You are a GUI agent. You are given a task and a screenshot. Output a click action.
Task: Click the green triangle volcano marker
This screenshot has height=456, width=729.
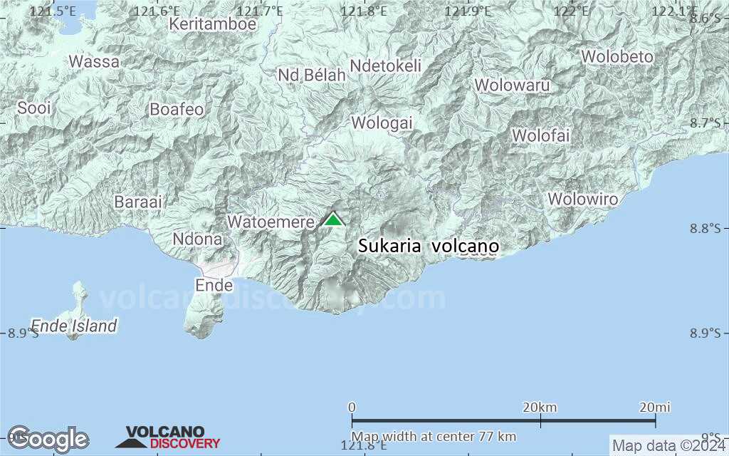tap(333, 219)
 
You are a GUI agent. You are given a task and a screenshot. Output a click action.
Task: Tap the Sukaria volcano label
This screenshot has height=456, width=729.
tap(428, 247)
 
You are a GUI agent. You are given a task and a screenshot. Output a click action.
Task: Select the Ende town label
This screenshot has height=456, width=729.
tap(214, 285)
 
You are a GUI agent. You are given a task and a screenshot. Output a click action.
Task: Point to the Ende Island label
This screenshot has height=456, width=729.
tap(74, 326)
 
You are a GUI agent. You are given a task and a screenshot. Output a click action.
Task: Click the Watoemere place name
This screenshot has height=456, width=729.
tap(271, 222)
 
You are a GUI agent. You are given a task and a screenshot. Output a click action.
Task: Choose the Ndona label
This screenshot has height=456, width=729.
tap(197, 239)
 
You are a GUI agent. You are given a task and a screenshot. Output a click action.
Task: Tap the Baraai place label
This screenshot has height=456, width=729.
tap(138, 202)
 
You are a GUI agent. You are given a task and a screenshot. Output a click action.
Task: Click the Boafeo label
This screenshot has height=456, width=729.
tap(177, 109)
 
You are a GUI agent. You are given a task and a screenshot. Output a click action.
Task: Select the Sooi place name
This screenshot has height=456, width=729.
tap(35, 108)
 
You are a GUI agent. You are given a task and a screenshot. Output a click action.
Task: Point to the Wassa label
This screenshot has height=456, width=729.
tap(94, 61)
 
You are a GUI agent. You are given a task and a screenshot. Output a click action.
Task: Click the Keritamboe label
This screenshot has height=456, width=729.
tap(212, 24)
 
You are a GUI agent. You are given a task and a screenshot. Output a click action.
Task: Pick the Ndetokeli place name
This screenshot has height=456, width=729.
tap(386, 66)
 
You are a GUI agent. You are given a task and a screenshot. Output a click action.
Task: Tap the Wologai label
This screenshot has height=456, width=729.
tap(382, 123)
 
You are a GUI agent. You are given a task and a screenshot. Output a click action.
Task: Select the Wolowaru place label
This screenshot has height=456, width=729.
tap(513, 85)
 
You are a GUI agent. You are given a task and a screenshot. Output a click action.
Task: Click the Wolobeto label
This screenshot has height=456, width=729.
tap(617, 56)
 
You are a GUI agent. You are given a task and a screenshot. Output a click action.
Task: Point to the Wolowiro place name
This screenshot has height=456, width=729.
tap(582, 199)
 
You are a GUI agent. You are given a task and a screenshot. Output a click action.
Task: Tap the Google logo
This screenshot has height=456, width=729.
tap(48, 437)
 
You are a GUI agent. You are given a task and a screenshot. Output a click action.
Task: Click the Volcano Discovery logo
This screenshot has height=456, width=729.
tap(168, 437)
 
